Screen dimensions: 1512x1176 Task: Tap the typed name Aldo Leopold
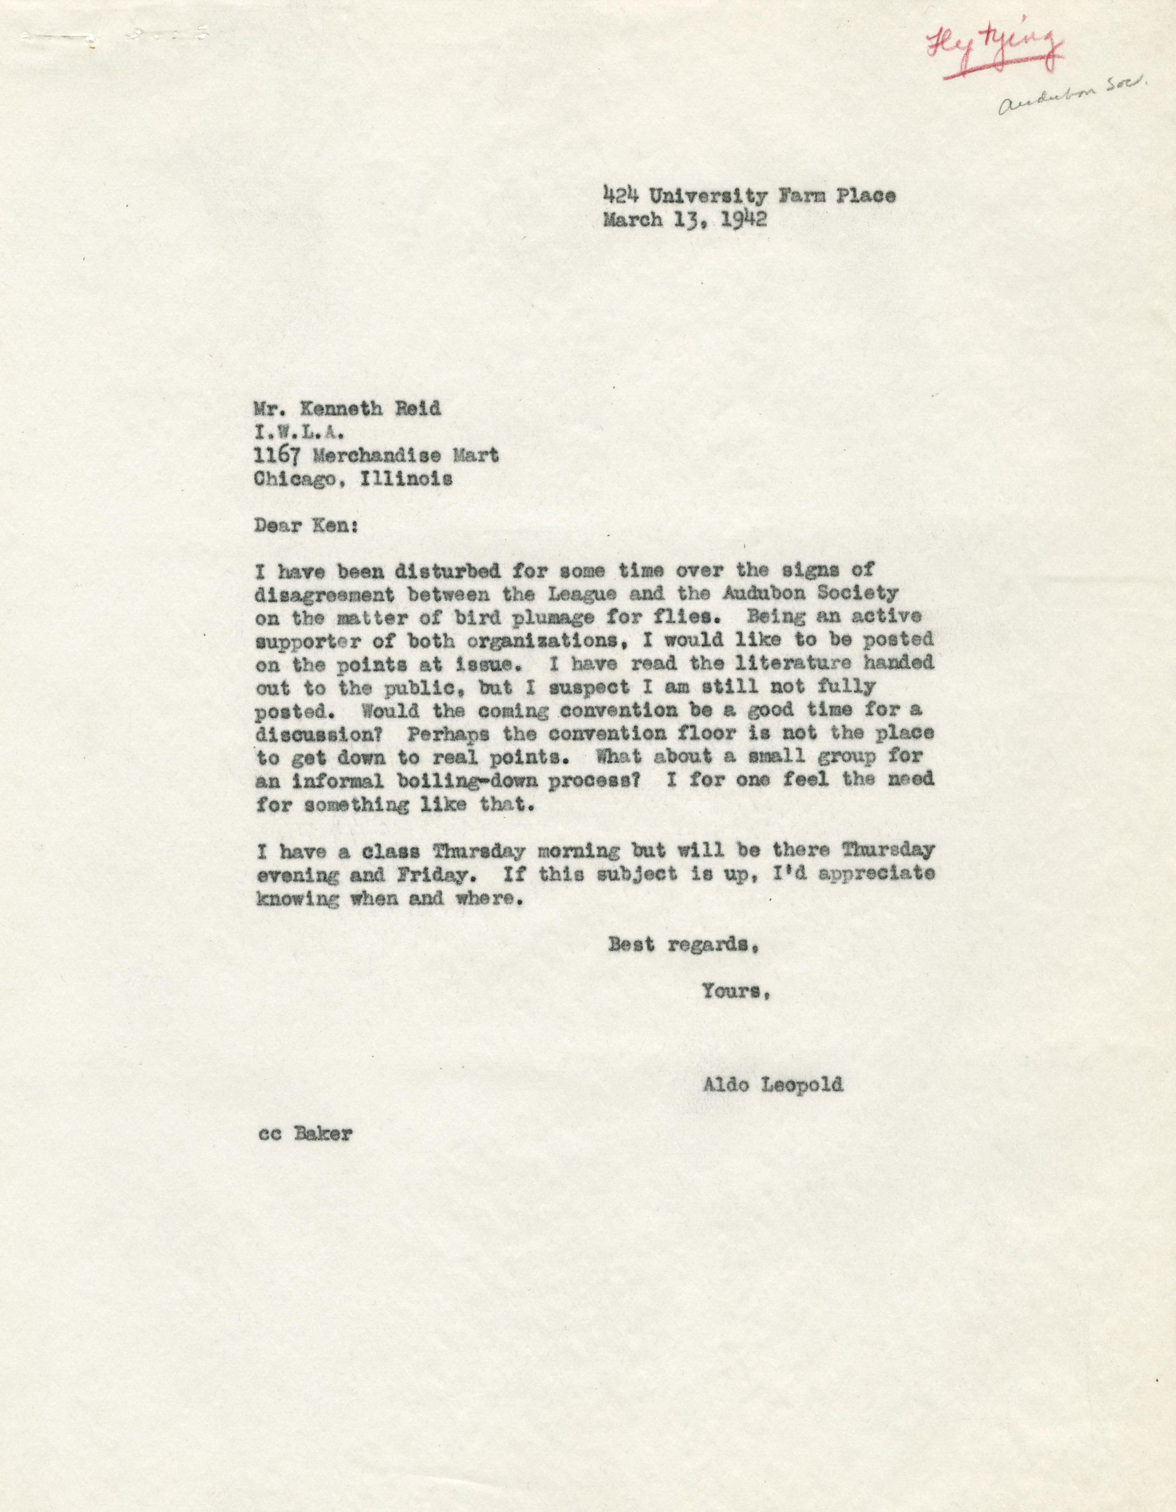[x=772, y=1085]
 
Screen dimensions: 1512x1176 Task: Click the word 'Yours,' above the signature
[x=736, y=991]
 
